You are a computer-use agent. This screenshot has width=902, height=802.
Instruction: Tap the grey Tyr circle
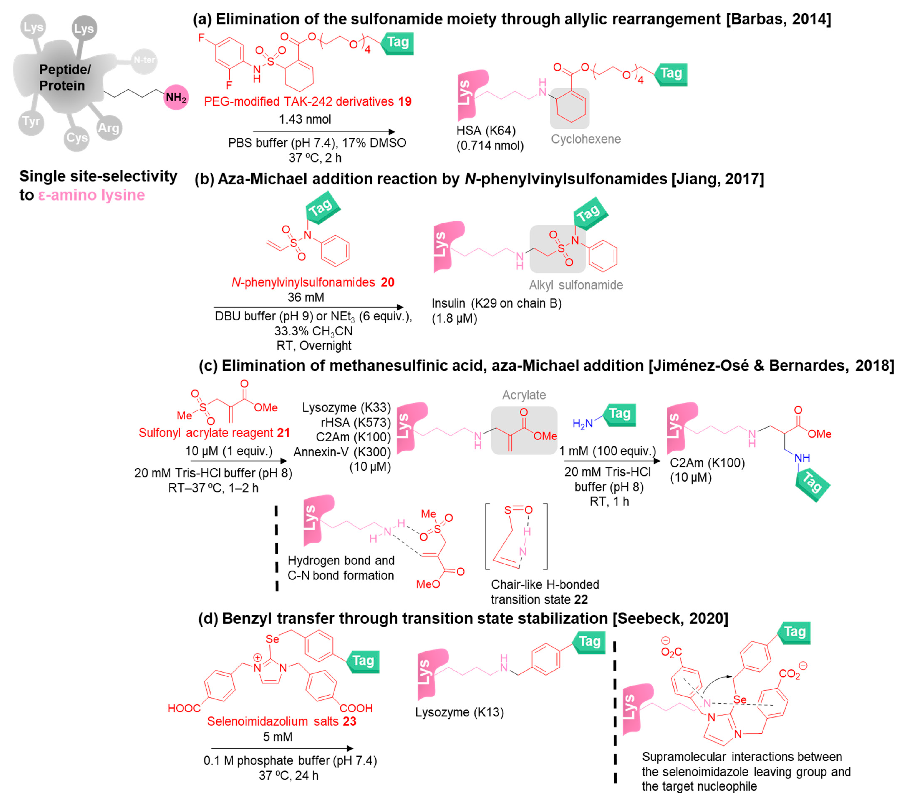(31, 121)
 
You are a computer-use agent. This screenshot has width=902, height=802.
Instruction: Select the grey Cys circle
(77, 138)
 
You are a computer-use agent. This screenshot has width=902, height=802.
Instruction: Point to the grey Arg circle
(108, 128)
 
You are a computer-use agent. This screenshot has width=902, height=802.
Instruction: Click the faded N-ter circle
(144, 60)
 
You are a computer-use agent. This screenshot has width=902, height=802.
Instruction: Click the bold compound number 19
(405, 101)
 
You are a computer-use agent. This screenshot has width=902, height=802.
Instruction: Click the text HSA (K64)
(486, 131)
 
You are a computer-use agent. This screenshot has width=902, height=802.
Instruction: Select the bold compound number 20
(387, 282)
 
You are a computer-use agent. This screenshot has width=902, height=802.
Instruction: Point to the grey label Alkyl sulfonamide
(576, 285)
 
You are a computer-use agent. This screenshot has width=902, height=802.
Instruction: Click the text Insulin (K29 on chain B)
(496, 304)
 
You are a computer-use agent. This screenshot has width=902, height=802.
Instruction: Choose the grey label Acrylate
(524, 395)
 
